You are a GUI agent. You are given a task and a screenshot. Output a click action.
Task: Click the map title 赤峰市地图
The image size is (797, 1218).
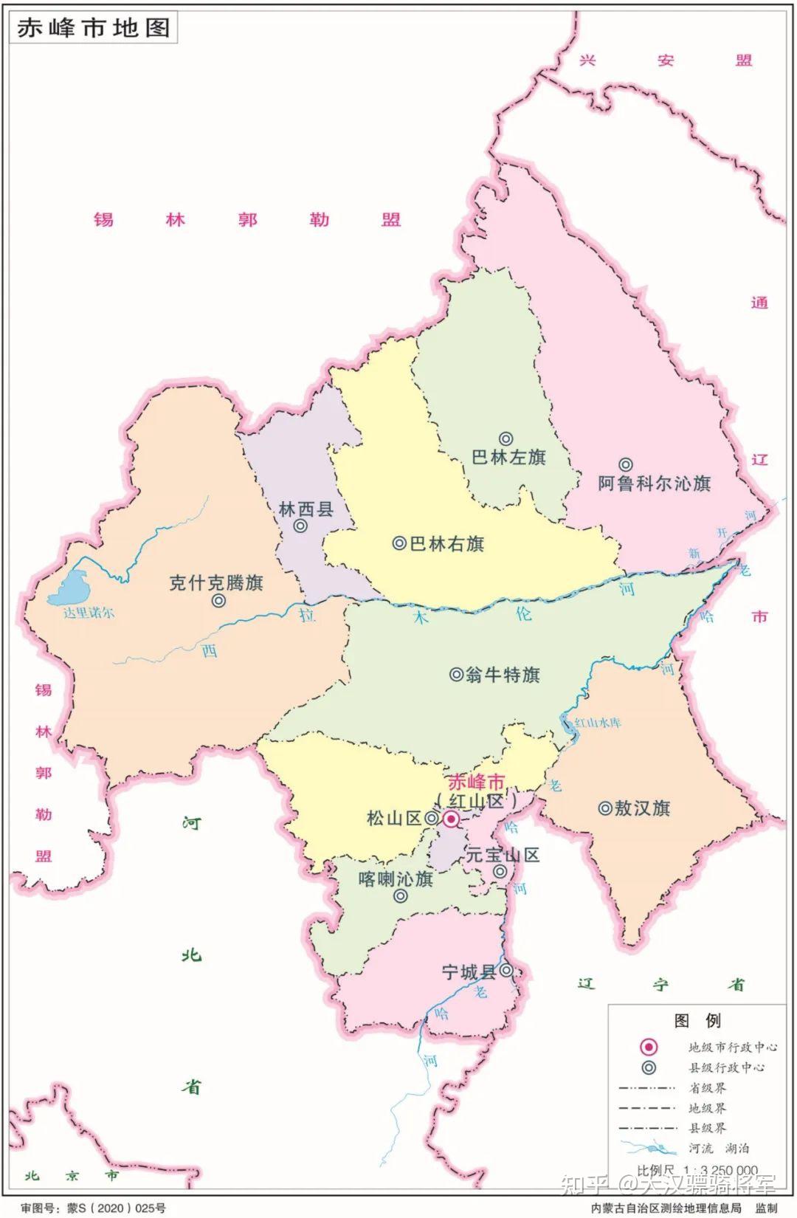94,27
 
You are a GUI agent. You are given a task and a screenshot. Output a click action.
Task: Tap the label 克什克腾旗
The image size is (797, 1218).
216,582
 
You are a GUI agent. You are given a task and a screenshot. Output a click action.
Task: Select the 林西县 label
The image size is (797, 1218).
306,509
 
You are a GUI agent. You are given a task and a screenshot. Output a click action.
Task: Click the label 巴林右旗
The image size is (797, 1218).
446,544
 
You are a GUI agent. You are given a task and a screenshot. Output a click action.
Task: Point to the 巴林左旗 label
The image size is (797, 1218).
508,457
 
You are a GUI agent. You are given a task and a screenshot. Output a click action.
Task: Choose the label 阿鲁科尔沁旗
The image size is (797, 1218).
654,484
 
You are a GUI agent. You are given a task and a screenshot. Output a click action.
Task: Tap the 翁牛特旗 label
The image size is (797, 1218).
503,674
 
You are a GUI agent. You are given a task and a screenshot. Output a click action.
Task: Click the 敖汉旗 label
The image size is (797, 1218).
642,808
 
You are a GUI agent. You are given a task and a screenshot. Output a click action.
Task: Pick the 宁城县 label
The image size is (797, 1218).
469,972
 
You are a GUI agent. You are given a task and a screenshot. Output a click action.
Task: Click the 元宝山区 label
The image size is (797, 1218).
503,855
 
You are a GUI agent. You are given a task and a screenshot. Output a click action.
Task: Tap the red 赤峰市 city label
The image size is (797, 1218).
477,782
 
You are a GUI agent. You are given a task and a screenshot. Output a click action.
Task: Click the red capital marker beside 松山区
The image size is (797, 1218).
450,819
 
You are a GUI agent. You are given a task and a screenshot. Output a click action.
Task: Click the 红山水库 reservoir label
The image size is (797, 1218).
598,722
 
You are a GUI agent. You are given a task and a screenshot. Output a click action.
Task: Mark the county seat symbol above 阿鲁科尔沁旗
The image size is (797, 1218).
625,464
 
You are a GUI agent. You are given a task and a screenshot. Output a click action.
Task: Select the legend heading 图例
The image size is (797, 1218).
697,1021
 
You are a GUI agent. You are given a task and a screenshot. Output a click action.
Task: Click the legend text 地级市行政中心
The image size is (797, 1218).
732,1047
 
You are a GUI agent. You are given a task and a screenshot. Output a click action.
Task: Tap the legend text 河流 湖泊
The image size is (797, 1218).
719,1148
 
